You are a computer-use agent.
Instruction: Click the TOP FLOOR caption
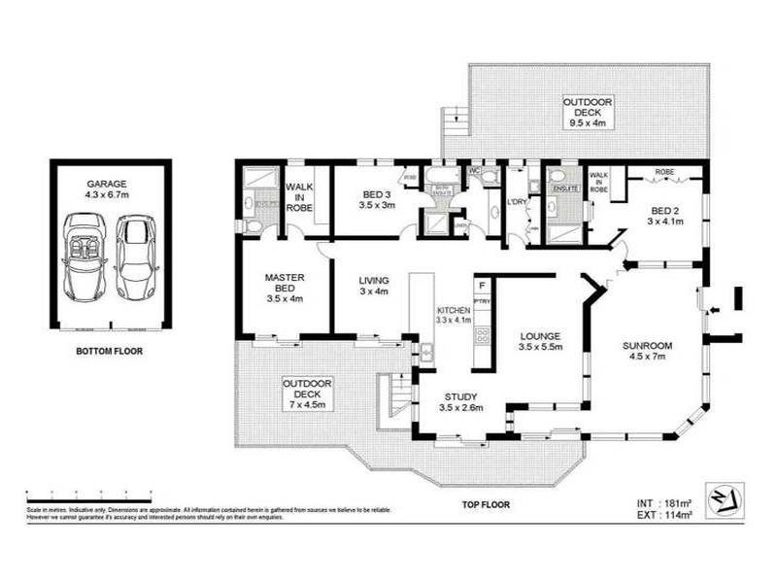tap(486, 504)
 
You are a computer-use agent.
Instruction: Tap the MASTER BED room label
tap(285, 288)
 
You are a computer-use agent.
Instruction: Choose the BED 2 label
tap(667, 216)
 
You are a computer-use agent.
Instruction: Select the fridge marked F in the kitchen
tap(481, 285)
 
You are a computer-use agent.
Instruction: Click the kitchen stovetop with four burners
tap(479, 336)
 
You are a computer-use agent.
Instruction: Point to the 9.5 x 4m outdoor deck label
tap(588, 112)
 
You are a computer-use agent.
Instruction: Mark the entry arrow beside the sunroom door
tap(716, 311)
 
